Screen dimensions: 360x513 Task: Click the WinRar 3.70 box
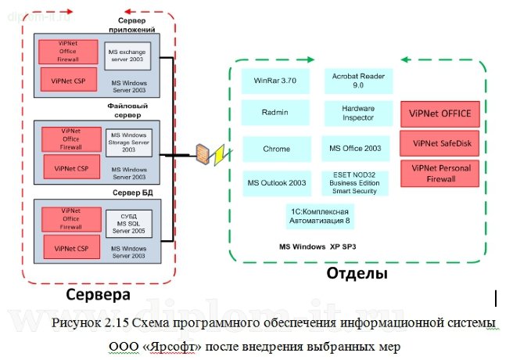point(271,81)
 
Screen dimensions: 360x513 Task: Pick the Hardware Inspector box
point(358,113)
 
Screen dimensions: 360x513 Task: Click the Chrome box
point(276,149)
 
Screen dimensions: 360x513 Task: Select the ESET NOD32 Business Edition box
point(356,182)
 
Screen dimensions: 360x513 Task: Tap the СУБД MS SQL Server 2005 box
point(128,221)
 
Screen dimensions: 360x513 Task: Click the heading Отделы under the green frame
point(356,275)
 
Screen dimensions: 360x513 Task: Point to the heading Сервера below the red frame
point(98,296)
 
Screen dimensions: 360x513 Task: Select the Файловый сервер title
point(129,110)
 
